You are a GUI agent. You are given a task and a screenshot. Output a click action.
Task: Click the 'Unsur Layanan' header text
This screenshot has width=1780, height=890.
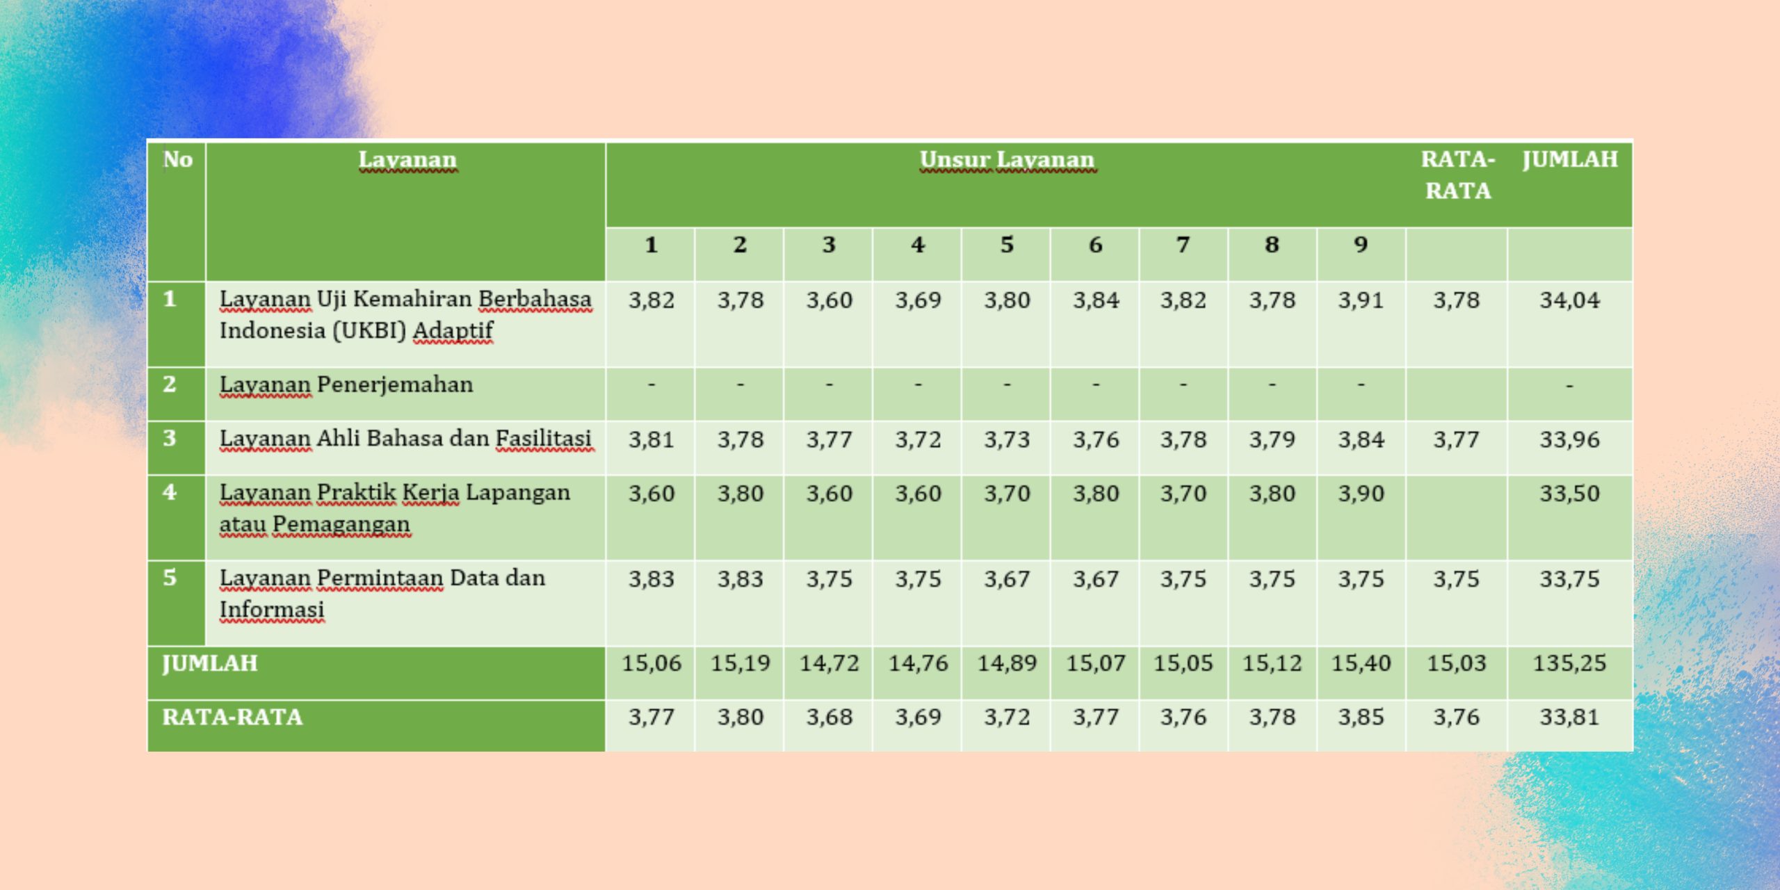pyautogui.click(x=1007, y=160)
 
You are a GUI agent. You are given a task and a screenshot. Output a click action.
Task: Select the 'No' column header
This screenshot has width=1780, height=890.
pyautogui.click(x=177, y=160)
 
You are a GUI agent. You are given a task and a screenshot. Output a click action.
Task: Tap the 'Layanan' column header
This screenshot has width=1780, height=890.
pyautogui.click(x=407, y=160)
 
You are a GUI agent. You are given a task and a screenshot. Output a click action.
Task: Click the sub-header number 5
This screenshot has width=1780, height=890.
pyautogui.click(x=1007, y=245)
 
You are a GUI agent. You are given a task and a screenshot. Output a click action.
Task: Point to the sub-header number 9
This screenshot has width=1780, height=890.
pyautogui.click(x=1361, y=245)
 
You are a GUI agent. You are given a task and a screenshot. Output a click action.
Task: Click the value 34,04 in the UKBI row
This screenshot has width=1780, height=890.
pyautogui.click(x=1569, y=300)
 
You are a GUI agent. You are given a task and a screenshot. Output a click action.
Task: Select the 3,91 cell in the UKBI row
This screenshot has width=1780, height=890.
pyautogui.click(x=1361, y=300)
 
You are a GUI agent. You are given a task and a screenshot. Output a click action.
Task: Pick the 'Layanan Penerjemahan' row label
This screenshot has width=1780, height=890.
pyautogui.click(x=346, y=385)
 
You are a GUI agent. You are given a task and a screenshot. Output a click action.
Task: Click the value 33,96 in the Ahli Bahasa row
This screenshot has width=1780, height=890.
pyautogui.click(x=1569, y=439)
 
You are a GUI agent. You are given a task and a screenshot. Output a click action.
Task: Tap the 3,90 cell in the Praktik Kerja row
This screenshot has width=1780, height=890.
pyautogui.click(x=1361, y=494)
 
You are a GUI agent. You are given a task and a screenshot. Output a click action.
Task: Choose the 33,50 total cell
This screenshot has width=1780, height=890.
pyautogui.click(x=1569, y=494)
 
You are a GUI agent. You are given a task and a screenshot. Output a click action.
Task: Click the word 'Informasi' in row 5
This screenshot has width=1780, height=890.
pyautogui.click(x=272, y=610)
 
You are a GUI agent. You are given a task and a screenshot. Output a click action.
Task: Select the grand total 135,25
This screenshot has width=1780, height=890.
pyautogui.click(x=1569, y=663)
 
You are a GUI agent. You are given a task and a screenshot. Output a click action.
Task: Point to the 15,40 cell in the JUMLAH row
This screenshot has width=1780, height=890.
pyautogui.click(x=1361, y=663)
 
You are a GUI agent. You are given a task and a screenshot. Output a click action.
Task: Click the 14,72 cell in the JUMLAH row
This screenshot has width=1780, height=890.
pyautogui.click(x=829, y=663)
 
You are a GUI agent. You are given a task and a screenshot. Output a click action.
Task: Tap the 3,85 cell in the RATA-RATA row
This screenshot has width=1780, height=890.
pyautogui.click(x=1361, y=717)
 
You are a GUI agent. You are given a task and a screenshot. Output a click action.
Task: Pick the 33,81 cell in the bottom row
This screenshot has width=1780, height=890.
pyautogui.click(x=1569, y=717)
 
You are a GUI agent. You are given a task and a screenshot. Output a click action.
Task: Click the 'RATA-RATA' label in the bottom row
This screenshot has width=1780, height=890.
pyautogui.click(x=232, y=717)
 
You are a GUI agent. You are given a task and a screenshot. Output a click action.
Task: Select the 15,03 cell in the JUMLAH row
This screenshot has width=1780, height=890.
pyautogui.click(x=1456, y=663)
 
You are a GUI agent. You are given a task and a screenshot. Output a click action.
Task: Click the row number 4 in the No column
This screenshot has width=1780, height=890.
pyautogui.click(x=170, y=492)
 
